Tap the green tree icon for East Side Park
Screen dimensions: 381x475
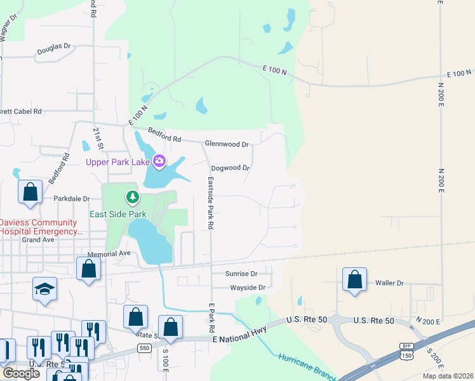click(x=132, y=197)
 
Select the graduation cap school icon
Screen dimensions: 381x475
click(x=44, y=288)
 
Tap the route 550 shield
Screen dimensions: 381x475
click(x=144, y=348)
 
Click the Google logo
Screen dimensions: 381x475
click(x=21, y=373)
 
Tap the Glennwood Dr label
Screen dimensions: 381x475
click(x=227, y=144)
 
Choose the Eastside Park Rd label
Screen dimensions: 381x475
click(x=210, y=203)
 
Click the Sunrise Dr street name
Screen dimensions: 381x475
click(x=241, y=274)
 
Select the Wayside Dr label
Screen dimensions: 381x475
click(x=247, y=288)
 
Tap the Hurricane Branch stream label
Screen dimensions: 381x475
click(x=307, y=366)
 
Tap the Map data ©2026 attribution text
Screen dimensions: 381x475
click(x=448, y=376)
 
